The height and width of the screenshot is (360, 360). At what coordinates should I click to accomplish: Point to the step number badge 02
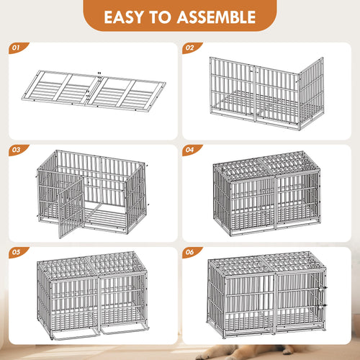189,49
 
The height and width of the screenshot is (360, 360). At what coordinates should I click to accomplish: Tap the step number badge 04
189,151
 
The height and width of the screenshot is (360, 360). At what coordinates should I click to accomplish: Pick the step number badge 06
189,253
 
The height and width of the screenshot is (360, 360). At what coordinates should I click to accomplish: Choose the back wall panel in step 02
252,86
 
